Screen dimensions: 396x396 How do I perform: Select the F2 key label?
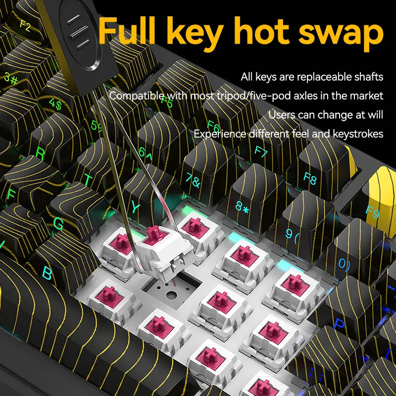25,26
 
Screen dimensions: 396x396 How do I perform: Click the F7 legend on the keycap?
261,151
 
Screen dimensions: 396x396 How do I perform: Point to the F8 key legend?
310,178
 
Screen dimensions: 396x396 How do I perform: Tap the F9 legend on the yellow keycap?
373,212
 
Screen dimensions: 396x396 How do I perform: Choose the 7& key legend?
193,181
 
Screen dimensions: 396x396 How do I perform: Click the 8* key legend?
242,207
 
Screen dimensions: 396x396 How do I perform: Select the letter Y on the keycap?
136,207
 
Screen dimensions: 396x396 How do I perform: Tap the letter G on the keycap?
58,224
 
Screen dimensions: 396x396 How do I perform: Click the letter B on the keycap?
47,273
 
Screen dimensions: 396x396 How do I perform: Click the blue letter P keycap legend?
339,324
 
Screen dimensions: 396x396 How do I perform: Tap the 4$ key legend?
55,103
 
